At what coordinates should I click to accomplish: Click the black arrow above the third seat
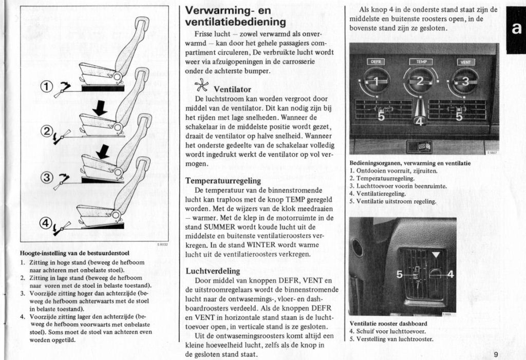(x=104, y=151)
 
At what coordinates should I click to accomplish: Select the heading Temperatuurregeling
(x=223, y=181)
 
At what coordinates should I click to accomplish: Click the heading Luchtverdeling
(x=212, y=271)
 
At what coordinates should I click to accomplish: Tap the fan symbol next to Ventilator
(x=202, y=87)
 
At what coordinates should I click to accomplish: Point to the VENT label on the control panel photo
(x=466, y=62)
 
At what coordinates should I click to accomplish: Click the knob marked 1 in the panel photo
(x=376, y=81)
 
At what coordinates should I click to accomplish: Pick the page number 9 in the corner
(x=496, y=354)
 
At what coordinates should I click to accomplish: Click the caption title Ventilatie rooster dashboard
(x=388, y=324)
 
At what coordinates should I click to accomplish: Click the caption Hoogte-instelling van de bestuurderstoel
(x=74, y=253)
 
